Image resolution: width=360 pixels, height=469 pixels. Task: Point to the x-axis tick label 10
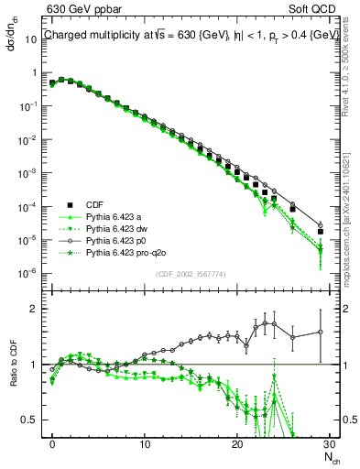(x=145, y=442)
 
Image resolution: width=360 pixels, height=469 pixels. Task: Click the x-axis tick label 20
(x=237, y=442)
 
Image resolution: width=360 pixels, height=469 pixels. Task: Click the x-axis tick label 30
(x=330, y=442)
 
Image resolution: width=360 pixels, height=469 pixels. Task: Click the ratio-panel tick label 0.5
(x=32, y=420)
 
